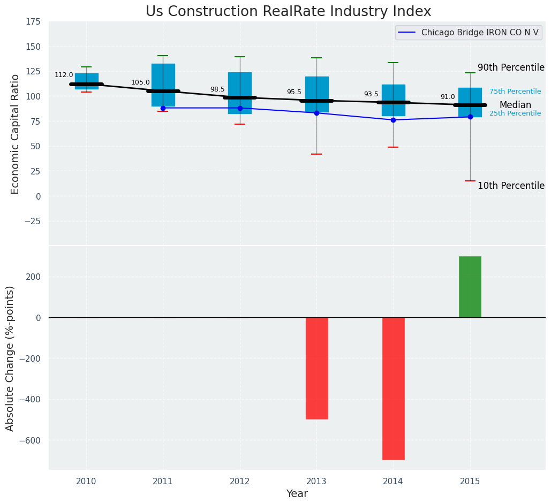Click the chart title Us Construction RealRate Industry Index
click(288, 12)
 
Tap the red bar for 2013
click(316, 368)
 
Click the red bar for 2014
click(393, 388)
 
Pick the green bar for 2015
click(470, 287)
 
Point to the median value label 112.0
click(64, 75)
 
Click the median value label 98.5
click(217, 89)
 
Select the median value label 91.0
click(448, 97)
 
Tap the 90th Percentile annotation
click(511, 68)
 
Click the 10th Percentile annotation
click(511, 186)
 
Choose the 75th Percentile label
click(515, 91)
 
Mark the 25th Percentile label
click(515, 113)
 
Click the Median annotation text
click(515, 105)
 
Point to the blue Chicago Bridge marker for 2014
click(393, 120)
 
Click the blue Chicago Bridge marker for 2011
click(163, 108)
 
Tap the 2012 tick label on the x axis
click(240, 482)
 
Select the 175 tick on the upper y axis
click(33, 21)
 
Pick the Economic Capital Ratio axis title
click(15, 134)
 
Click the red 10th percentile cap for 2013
click(316, 154)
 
